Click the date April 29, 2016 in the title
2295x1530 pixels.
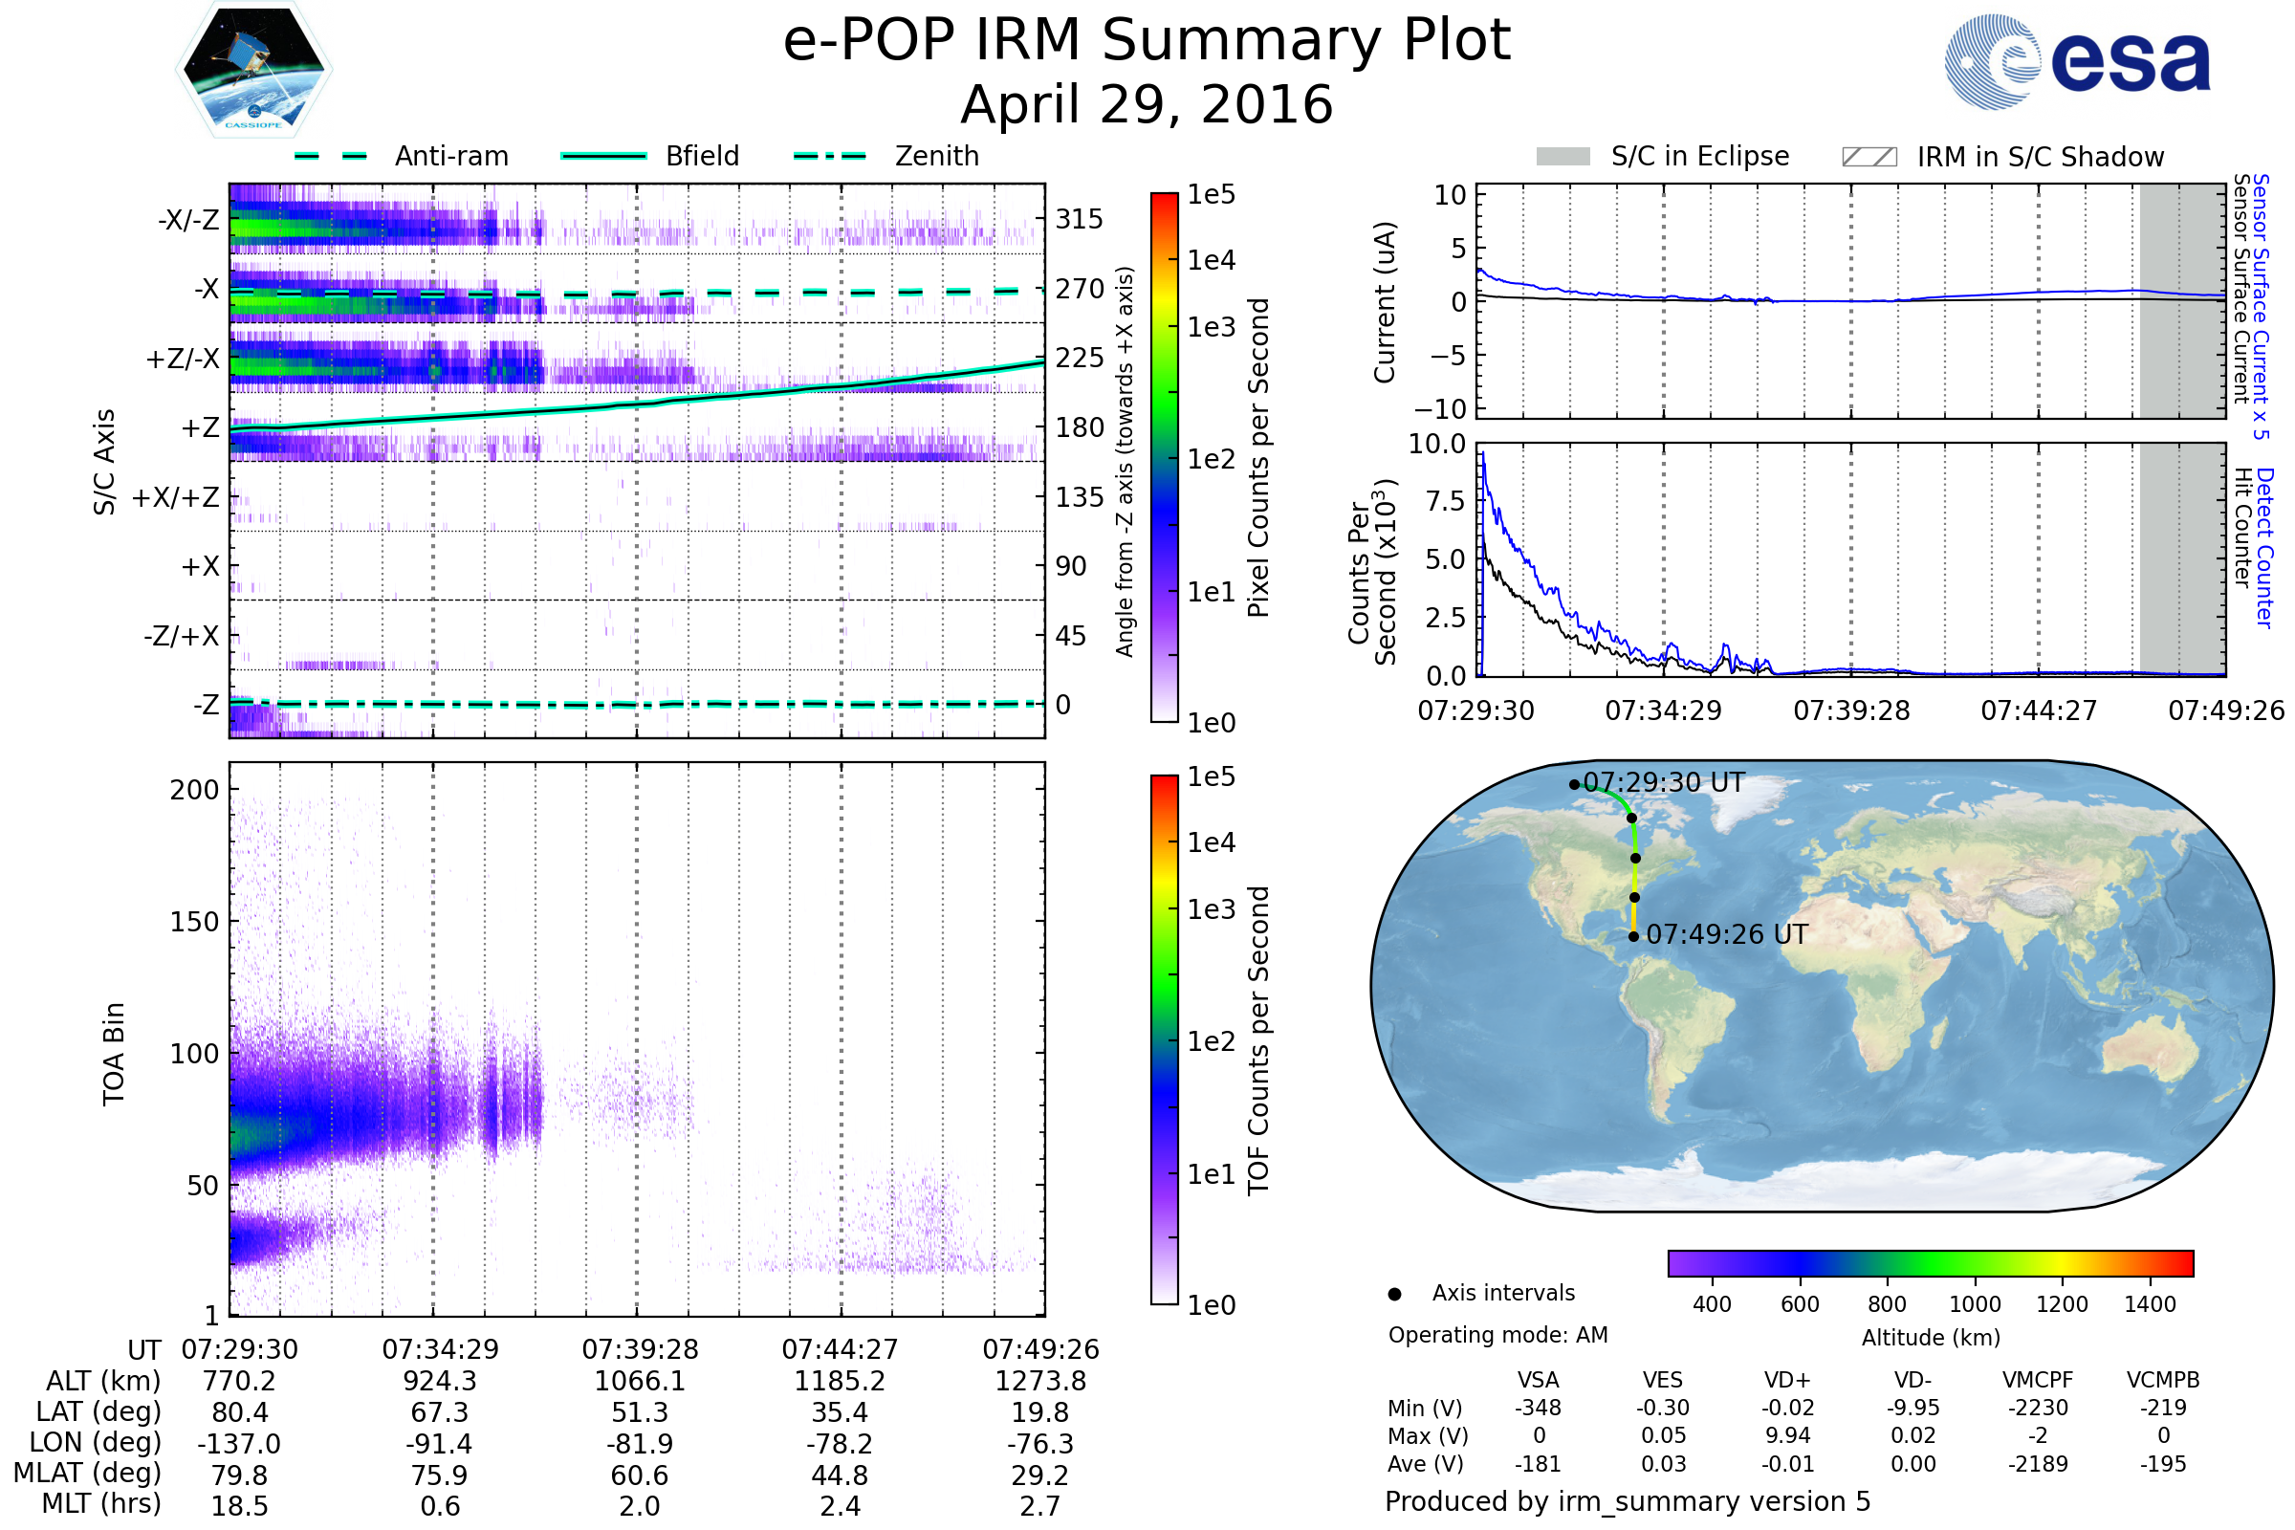pos(1147,104)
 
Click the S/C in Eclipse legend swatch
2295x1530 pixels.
pos(1563,157)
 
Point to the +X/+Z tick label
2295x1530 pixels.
pos(176,497)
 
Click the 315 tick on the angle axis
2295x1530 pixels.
pos(1080,219)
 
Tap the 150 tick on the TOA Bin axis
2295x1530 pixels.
pos(194,922)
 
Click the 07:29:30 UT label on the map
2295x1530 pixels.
pos(1663,782)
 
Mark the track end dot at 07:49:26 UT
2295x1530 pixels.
pos(1633,937)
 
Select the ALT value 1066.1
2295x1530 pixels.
pos(640,1381)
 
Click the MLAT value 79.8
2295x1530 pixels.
pos(239,1475)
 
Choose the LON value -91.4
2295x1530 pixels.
pos(440,1443)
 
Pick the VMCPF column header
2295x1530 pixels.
pos(2038,1380)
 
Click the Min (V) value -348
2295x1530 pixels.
pos(1538,1408)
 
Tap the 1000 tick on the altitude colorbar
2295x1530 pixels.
pos(1975,1304)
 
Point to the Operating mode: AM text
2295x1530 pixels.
pos(1497,1335)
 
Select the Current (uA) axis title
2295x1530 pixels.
pos(1385,302)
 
